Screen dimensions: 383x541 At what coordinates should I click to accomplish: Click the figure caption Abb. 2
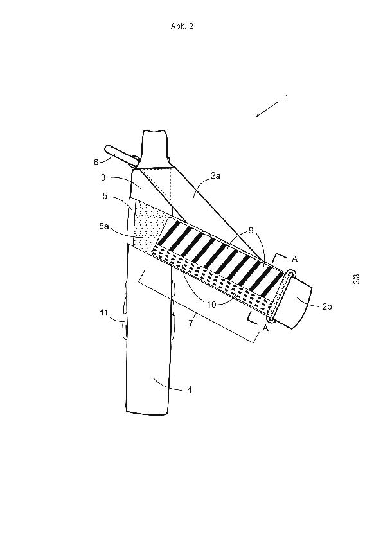[x=182, y=26]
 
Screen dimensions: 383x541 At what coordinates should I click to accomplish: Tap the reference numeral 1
[x=286, y=98]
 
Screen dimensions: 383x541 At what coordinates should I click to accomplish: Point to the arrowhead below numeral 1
[x=258, y=116]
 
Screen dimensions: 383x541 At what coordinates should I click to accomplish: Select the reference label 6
[x=96, y=162]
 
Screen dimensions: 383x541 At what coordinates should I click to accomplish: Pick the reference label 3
[x=103, y=177]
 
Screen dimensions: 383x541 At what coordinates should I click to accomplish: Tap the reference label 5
[x=105, y=197]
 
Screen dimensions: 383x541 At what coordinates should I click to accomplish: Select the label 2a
[x=216, y=175]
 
